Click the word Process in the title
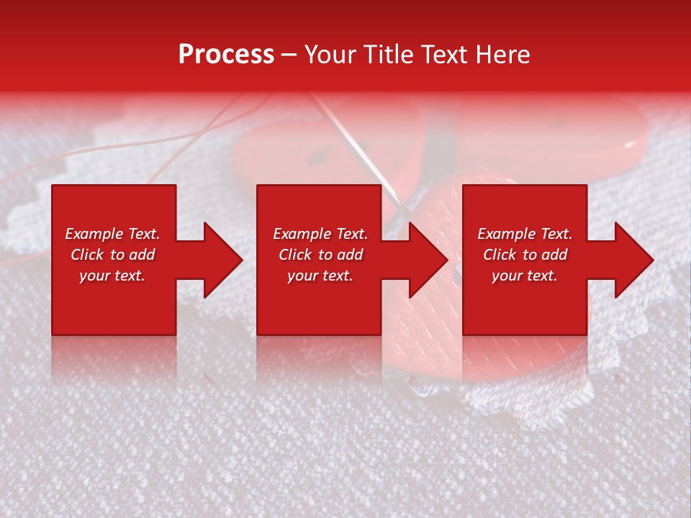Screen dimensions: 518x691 [x=226, y=55]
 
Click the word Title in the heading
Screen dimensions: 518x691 [x=388, y=55]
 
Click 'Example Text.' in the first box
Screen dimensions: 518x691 [x=112, y=234]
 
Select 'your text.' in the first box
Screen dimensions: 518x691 [x=112, y=276]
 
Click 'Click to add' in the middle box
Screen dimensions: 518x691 [x=320, y=255]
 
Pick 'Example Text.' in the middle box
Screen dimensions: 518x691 [x=320, y=234]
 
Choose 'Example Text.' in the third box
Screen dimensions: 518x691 [x=525, y=234]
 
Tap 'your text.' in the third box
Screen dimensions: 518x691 [x=525, y=276]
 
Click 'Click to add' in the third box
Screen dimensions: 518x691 [x=525, y=255]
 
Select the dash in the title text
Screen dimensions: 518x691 [x=289, y=55]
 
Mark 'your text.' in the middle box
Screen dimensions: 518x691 [x=320, y=276]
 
